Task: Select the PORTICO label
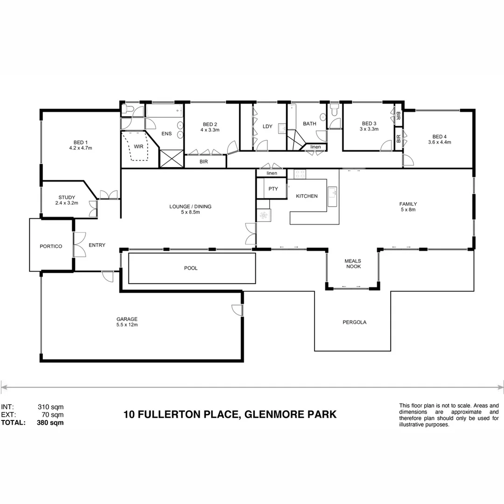(x=51, y=246)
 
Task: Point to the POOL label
(x=191, y=268)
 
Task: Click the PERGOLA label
(x=354, y=322)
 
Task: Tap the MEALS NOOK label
(x=353, y=264)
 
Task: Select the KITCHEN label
(x=307, y=196)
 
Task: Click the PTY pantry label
(x=273, y=189)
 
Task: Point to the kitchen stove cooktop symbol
(x=299, y=174)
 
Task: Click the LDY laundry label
(x=267, y=126)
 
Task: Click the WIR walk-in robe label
(x=139, y=147)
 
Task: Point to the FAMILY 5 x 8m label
(x=408, y=207)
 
